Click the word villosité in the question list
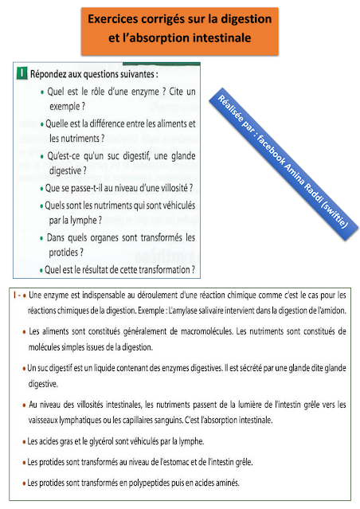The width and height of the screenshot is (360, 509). [x=171, y=190]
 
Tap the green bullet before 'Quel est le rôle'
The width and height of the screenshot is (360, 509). [x=41, y=93]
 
